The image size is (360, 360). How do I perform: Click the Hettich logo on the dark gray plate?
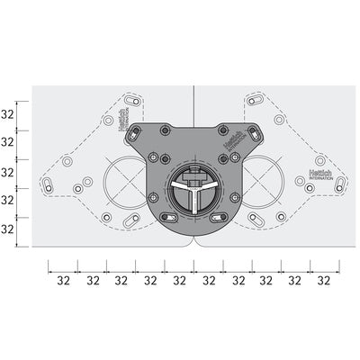pyautogui.click(x=232, y=145)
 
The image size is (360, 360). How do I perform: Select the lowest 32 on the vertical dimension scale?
pyautogui.click(x=8, y=229)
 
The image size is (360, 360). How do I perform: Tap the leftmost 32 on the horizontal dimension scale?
pyautogui.click(x=63, y=280)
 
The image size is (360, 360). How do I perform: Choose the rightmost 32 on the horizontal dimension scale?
pyautogui.click(x=323, y=280)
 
